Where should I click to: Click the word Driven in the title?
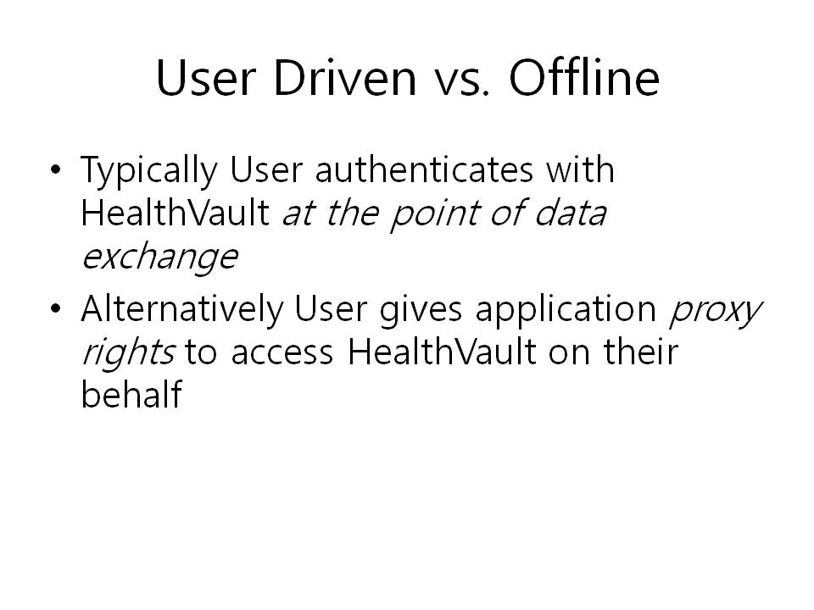[345, 78]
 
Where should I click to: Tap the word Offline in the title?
[584, 77]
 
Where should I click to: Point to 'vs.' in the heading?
[461, 83]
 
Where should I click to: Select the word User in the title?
[206, 78]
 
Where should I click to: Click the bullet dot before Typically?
[56, 169]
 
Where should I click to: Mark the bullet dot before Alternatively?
[56, 308]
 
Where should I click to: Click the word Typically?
[149, 172]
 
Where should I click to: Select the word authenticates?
[424, 169]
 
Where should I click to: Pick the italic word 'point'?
[434, 213]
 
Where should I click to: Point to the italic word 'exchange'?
[159, 258]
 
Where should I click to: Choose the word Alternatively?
[182, 310]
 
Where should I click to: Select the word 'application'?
[566, 311]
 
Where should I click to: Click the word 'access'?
[282, 355]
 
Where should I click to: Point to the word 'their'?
[641, 351]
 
